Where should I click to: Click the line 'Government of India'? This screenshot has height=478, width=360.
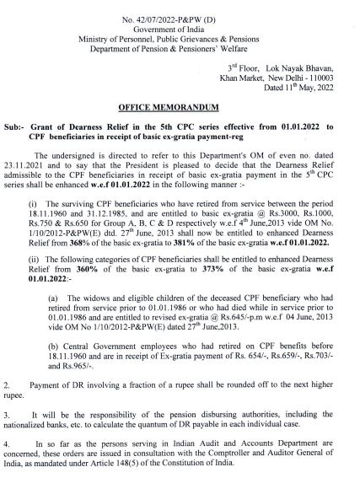[x=180, y=18]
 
